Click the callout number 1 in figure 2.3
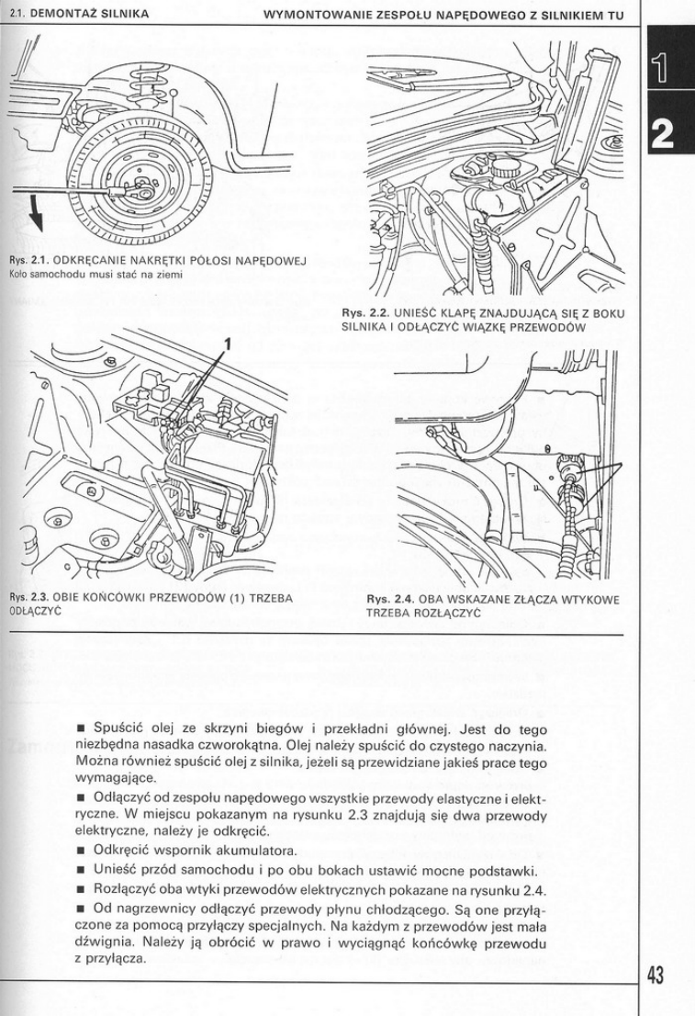coord(226,345)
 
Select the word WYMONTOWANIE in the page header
coord(311,15)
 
